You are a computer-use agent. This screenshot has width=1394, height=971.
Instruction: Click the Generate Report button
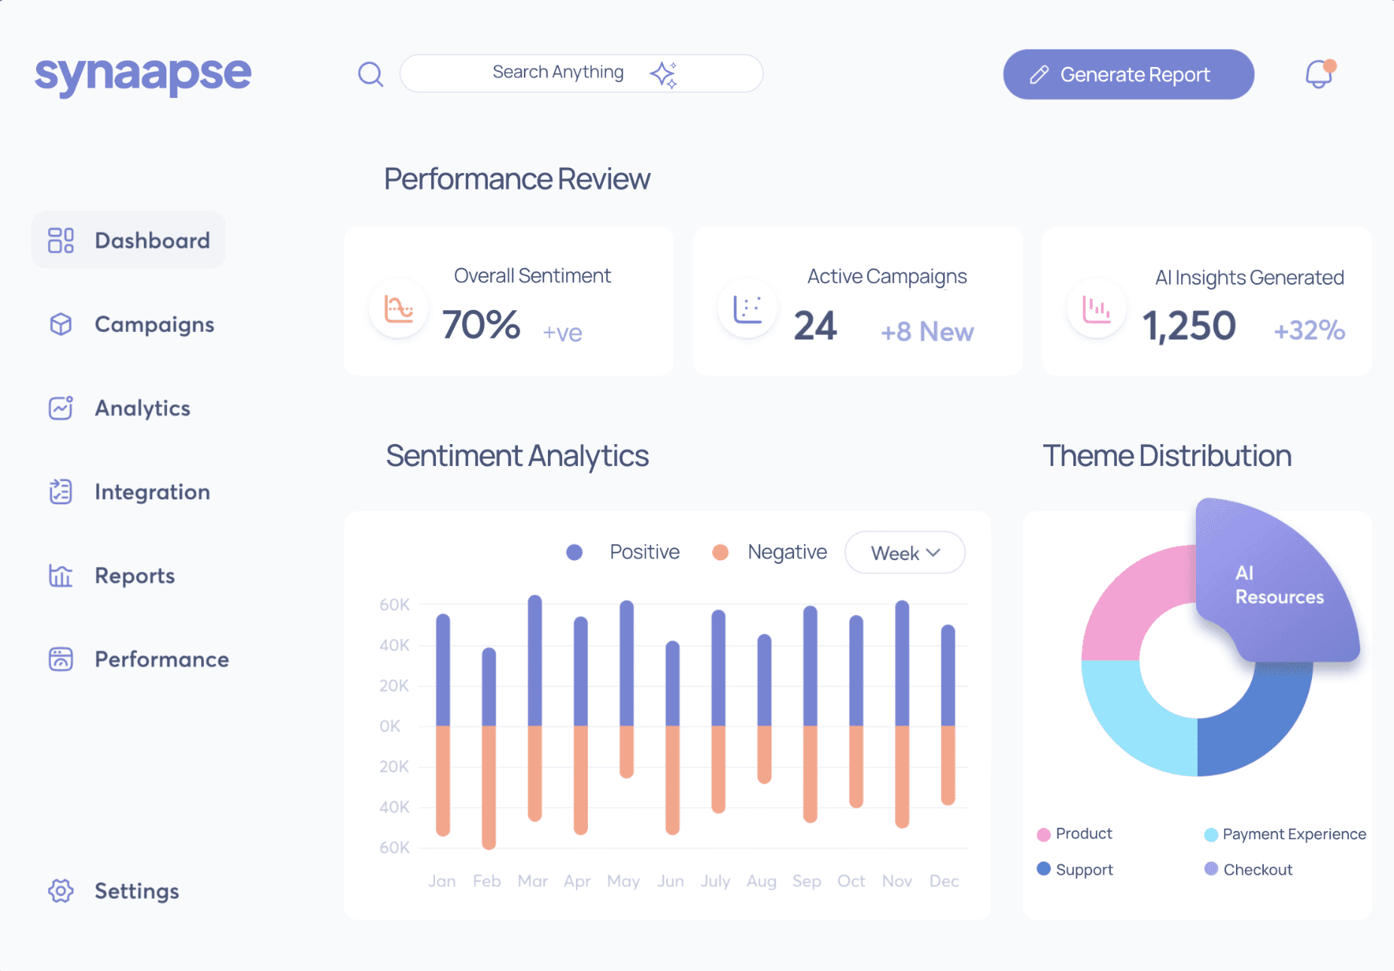[x=1128, y=75]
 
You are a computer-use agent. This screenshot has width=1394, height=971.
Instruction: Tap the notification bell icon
[x=1319, y=74]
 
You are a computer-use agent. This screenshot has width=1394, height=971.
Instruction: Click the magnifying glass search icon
[x=370, y=74]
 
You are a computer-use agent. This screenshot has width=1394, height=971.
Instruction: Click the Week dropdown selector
[x=905, y=552]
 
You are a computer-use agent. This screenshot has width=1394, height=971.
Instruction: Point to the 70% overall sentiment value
[x=481, y=325]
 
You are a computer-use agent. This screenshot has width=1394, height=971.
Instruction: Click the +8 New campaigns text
[x=927, y=331]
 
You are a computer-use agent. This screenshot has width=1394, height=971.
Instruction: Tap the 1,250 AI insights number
[x=1189, y=326]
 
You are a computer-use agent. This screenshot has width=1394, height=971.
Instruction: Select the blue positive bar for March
[x=535, y=660]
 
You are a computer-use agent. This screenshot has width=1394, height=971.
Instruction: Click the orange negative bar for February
[x=489, y=787]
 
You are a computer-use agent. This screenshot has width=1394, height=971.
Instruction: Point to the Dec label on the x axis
[x=944, y=881]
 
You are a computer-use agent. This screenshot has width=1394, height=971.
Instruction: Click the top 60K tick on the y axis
[x=394, y=604]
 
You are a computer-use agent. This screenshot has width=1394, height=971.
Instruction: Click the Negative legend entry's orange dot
[x=720, y=552]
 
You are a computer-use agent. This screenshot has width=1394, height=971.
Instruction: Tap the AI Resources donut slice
[x=1278, y=584]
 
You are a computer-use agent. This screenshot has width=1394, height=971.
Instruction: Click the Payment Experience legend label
[x=1294, y=834]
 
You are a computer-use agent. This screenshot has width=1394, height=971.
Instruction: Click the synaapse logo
[x=143, y=75]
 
